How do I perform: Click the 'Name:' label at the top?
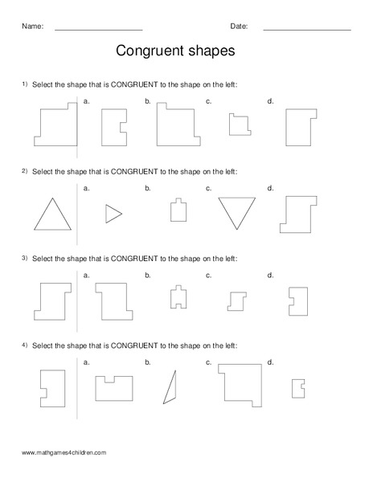[32, 26]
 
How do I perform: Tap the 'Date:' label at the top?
[239, 26]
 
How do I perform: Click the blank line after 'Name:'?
[98, 28]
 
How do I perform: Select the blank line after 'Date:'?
[306, 28]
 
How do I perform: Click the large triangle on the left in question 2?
[50, 216]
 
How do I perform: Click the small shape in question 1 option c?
[238, 125]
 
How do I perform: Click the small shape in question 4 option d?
[297, 386]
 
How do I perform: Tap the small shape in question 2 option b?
[178, 210]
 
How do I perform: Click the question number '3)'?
[25, 258]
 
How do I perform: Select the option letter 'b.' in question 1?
[148, 100]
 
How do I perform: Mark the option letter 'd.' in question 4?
[270, 362]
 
